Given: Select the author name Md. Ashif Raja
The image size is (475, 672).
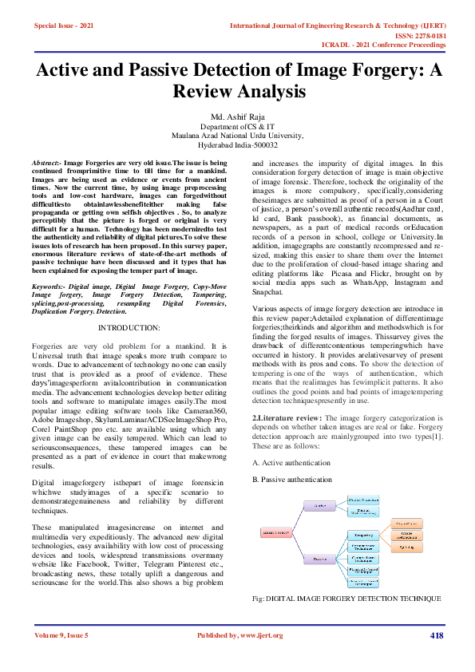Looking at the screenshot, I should coord(236,117).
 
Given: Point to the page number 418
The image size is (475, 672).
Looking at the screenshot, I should coord(436,635).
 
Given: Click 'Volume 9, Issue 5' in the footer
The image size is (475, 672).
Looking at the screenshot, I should coord(61,635).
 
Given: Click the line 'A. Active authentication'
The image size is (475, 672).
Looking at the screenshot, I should coord(291,462).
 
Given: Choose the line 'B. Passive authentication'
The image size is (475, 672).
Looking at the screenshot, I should coord(293,479).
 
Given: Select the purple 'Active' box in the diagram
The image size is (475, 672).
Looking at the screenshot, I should coord(323,505).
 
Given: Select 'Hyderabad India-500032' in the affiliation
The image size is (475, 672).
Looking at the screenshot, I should coord(237,145).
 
